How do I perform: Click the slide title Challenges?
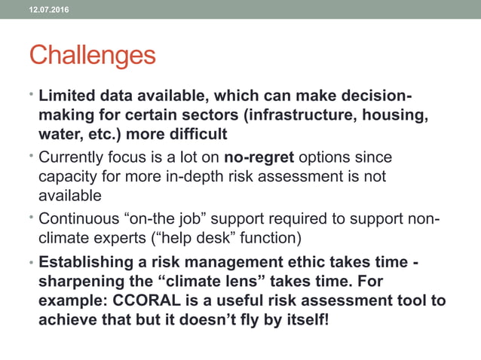pos(93,56)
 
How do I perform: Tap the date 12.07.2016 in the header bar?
pos(47,8)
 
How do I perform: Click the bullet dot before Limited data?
pos(32,97)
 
